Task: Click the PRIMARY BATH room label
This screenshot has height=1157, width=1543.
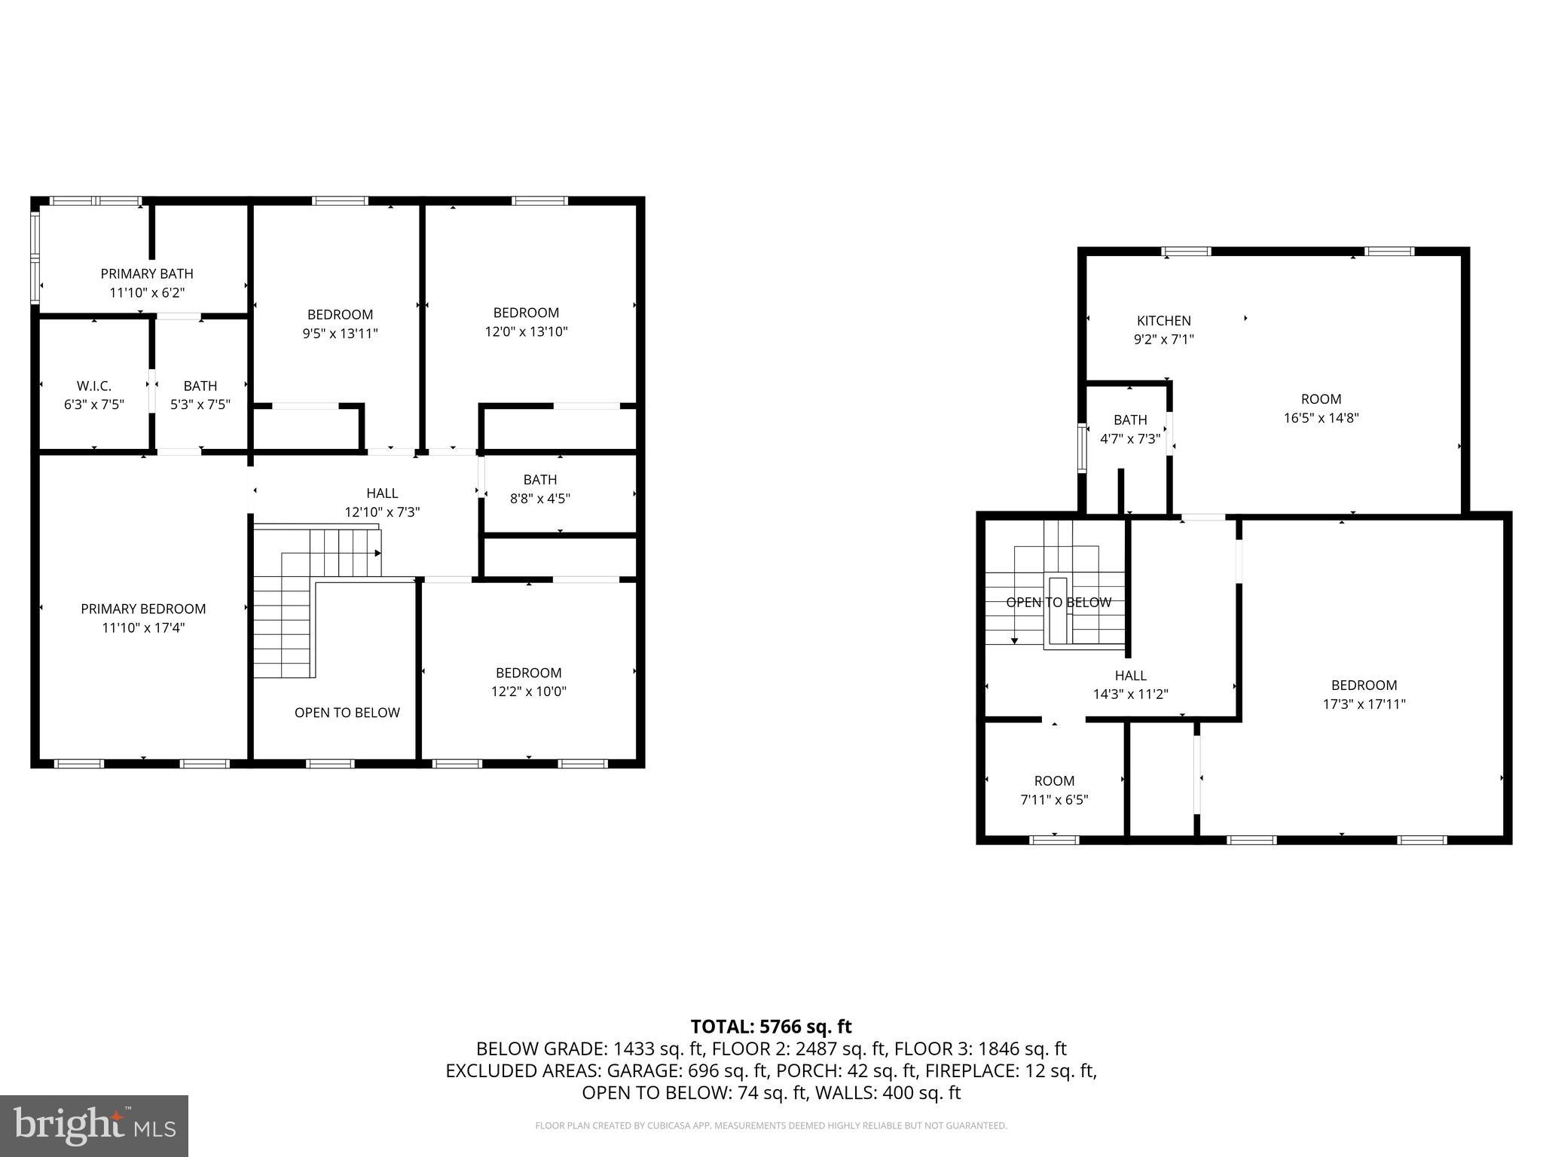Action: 147,273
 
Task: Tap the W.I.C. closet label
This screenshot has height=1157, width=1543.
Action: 93,386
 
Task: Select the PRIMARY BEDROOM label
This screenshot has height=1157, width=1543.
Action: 143,609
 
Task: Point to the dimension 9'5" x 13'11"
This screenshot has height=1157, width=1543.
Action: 340,333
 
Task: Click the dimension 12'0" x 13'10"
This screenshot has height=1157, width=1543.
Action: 526,331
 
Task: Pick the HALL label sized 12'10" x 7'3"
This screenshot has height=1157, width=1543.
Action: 382,493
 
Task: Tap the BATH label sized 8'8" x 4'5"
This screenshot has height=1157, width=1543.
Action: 540,480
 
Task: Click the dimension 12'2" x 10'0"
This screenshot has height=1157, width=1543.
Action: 528,691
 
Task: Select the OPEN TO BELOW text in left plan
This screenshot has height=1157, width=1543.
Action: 347,713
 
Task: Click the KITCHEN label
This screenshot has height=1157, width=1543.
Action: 1163,321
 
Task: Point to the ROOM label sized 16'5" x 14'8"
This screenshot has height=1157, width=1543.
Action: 1321,399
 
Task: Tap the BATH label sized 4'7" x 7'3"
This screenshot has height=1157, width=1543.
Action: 1130,420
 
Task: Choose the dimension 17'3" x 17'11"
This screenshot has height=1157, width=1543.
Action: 1364,704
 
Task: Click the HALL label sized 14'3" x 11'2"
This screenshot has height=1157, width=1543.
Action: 1130,676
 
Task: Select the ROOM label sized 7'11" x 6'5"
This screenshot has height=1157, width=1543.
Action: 1054,781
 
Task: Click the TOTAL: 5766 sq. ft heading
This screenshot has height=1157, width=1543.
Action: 771,1027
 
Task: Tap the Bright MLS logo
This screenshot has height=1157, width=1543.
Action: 94,1126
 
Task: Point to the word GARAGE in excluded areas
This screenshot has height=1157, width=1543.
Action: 640,1070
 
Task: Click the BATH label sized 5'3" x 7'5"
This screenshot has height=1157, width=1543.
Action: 200,386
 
